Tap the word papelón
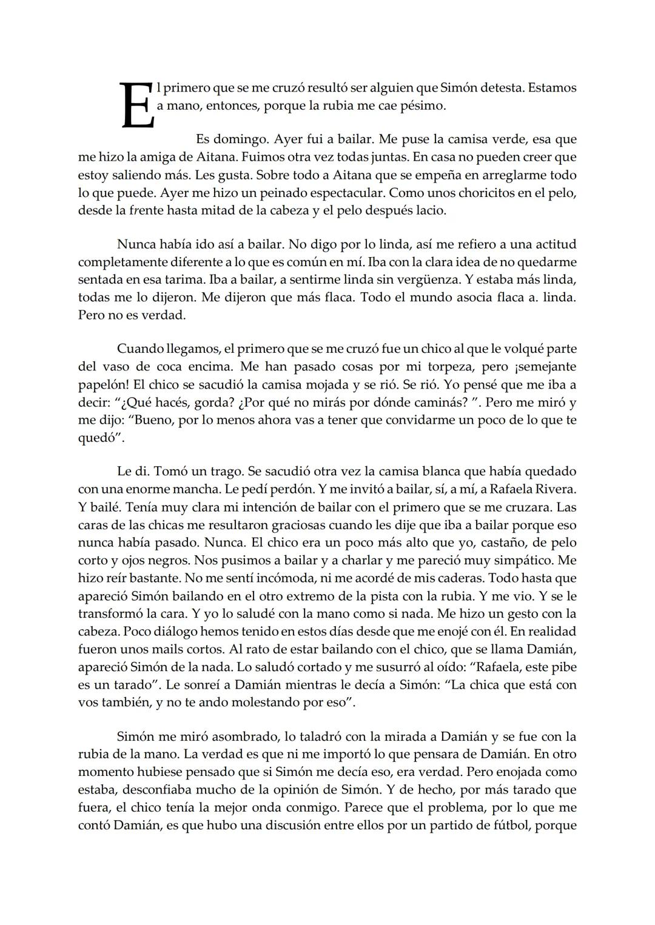coord(102,385)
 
